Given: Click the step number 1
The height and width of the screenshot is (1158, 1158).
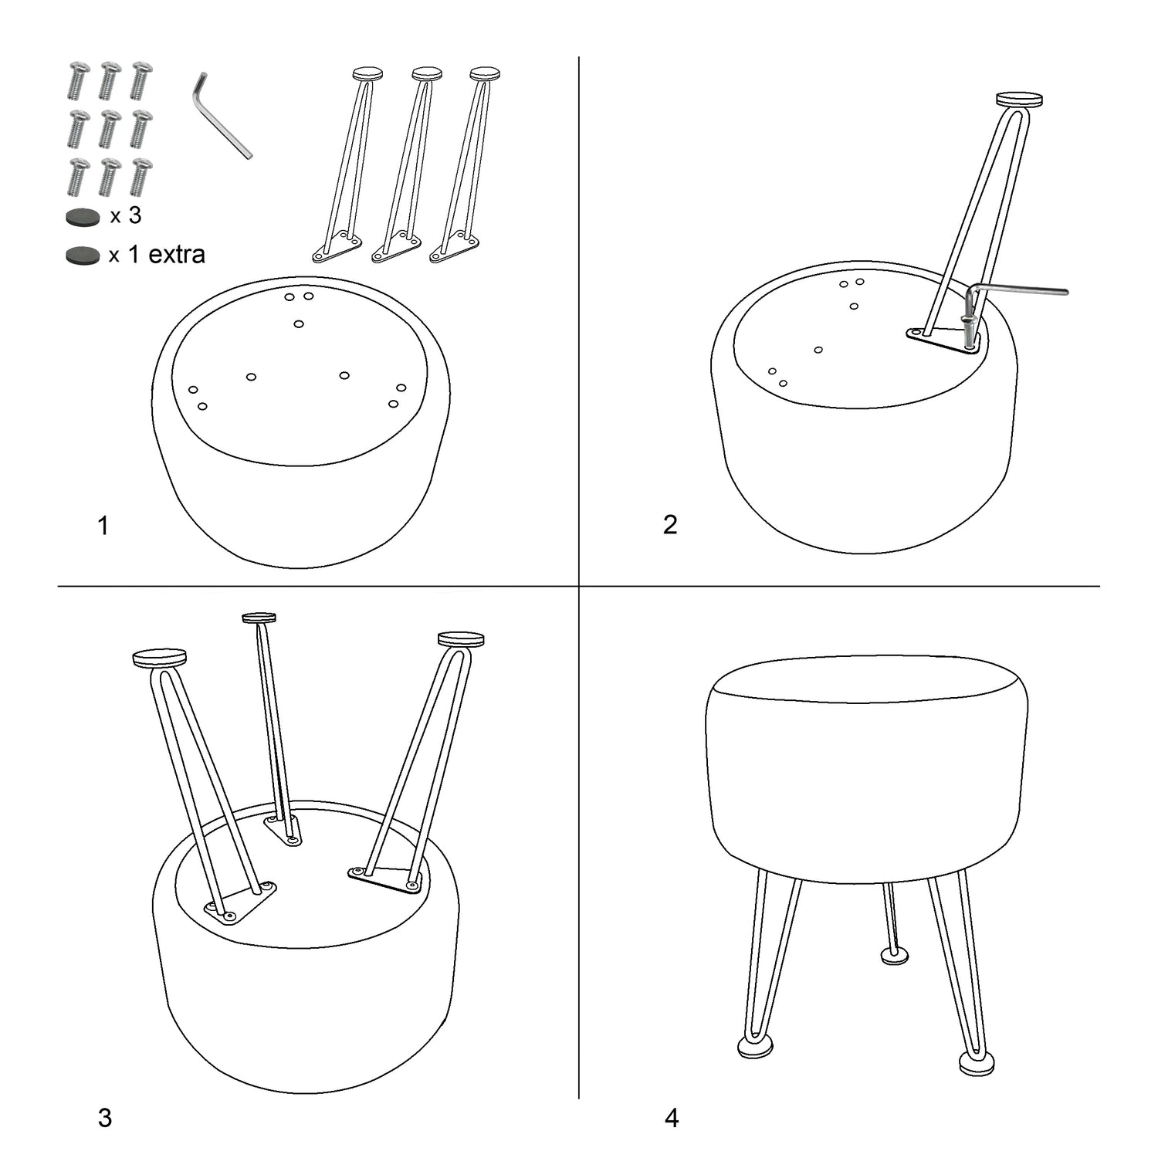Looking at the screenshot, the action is point(103,526).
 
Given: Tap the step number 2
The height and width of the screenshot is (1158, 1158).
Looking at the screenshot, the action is point(670,524).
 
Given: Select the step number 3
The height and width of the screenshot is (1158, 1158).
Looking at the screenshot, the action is point(105,1118).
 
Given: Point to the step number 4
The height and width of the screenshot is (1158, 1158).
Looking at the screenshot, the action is point(672,1118).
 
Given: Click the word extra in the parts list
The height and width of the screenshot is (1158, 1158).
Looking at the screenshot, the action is point(176,254).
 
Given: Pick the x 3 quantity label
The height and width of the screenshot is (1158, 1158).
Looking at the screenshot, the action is point(126,215).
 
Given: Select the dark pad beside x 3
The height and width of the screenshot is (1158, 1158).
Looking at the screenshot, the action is point(83,218).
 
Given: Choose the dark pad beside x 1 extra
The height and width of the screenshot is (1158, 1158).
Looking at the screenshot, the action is point(83,256).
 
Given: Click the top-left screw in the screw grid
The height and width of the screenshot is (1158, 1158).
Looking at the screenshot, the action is point(78,80).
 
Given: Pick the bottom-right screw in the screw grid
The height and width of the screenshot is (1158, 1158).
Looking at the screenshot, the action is point(141,177).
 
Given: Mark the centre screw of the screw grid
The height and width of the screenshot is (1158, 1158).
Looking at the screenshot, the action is point(110,128).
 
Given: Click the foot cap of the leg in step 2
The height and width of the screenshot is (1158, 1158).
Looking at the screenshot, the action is point(1019,100).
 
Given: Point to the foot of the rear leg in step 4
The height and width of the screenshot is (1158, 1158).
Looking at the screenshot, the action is point(895,957).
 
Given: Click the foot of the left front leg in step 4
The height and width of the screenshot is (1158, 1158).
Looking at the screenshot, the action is point(756,1047).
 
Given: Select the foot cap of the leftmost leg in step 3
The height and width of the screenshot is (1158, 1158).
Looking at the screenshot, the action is point(160,658).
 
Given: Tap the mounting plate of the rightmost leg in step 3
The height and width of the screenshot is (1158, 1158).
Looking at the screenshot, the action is point(386,879).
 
